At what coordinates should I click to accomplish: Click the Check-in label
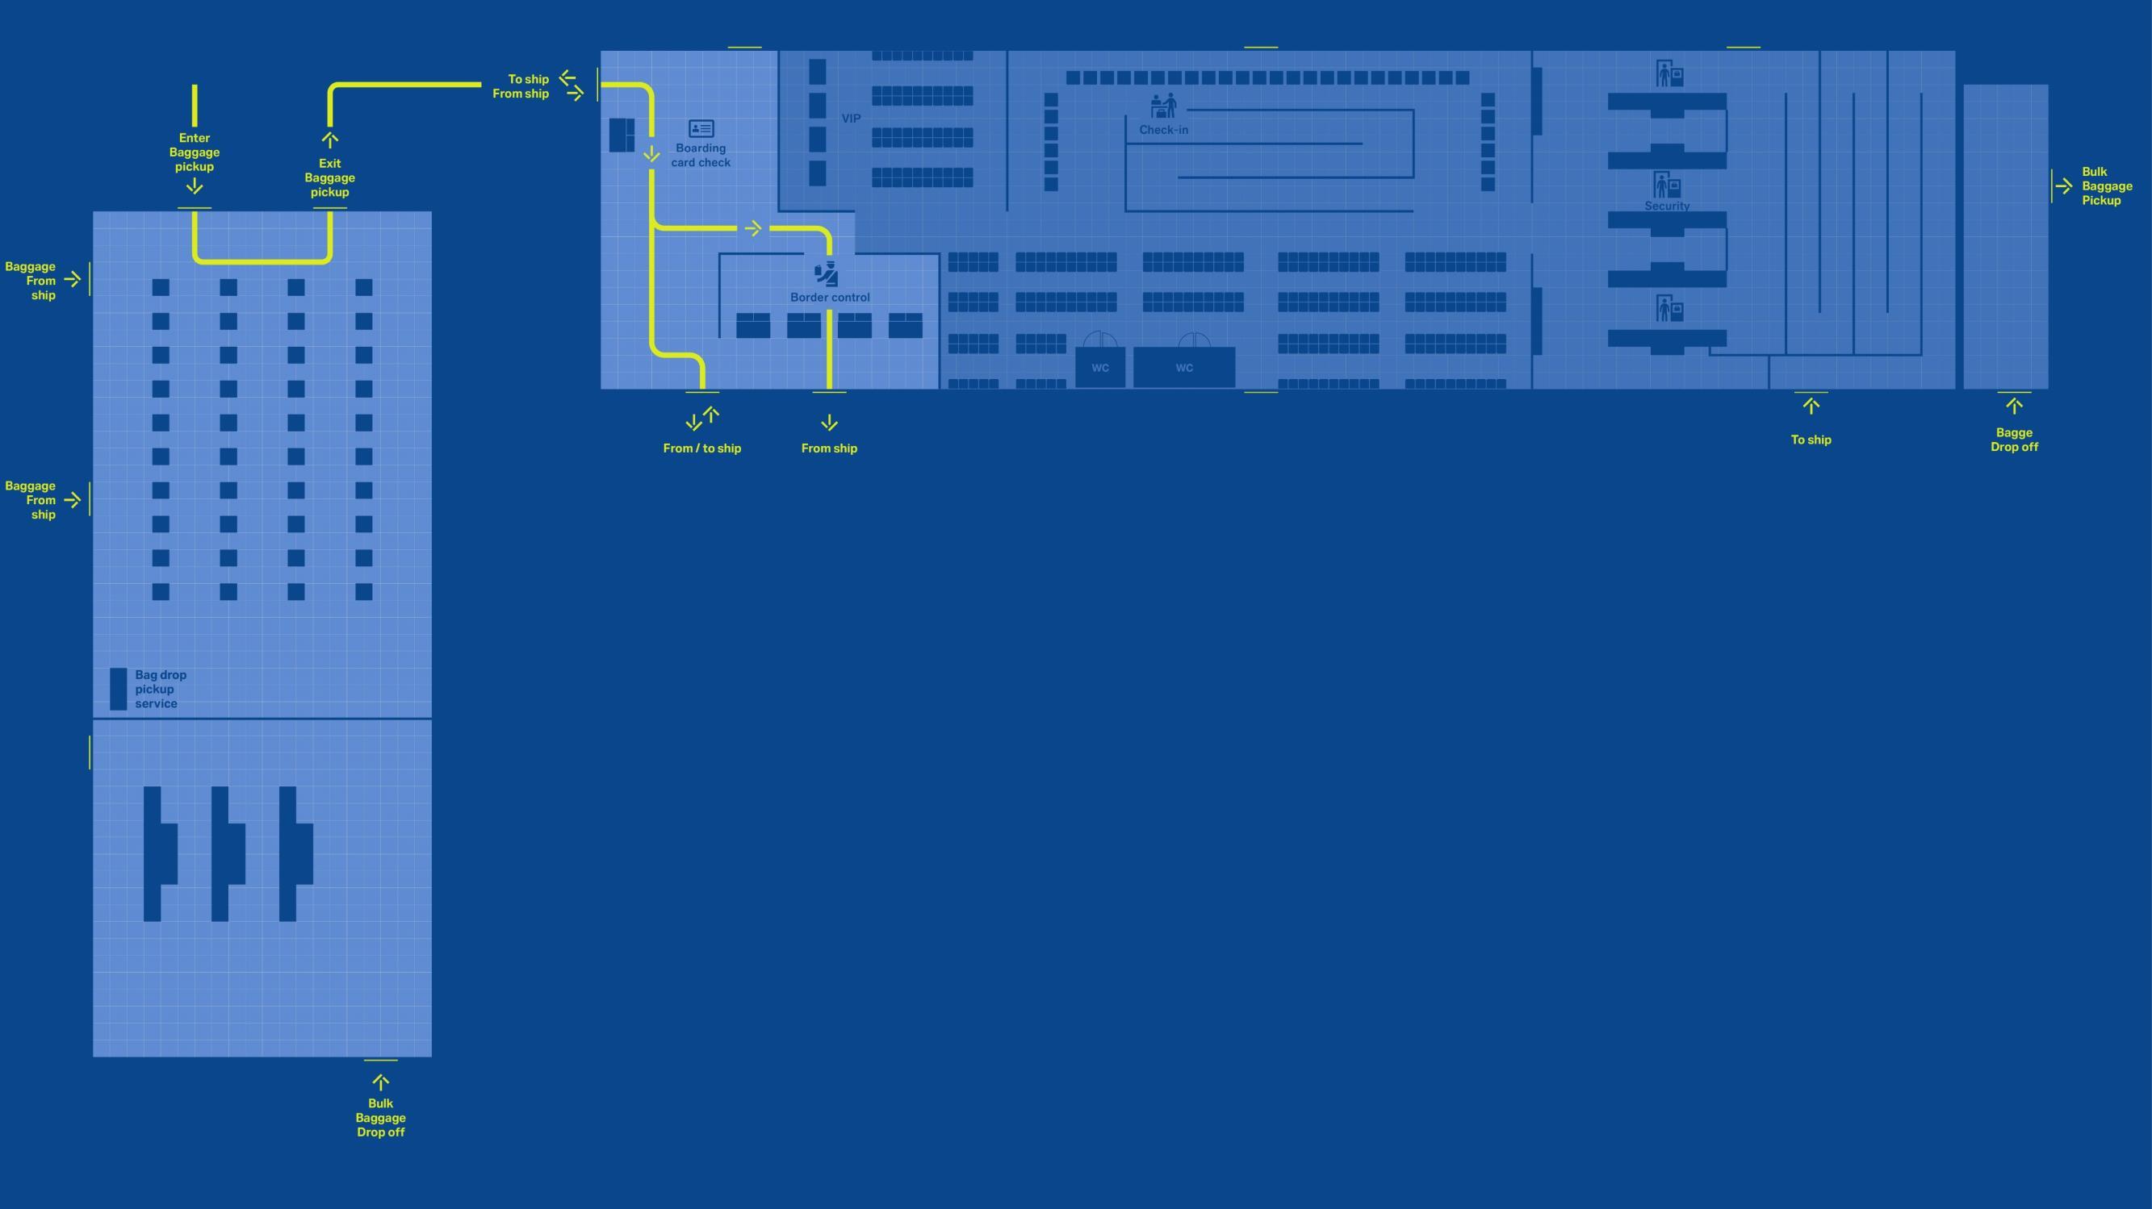coord(1163,130)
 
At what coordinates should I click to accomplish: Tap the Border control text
coord(830,298)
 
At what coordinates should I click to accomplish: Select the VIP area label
coord(851,119)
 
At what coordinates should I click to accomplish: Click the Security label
coord(1667,206)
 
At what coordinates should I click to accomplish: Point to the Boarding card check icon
coord(701,128)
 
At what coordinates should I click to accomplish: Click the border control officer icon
coord(827,273)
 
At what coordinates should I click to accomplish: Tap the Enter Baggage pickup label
coord(194,152)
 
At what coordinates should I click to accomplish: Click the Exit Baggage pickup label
coord(330,178)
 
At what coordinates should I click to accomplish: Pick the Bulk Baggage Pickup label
coord(2106,186)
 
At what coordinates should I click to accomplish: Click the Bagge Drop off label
coord(2013,440)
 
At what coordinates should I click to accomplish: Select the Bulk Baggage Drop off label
coord(380,1117)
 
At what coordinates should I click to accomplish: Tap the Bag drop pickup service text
coord(161,689)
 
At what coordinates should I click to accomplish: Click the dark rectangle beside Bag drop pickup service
coord(119,689)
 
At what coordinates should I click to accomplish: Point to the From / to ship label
coord(701,448)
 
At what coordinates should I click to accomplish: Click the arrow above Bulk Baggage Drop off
coord(380,1082)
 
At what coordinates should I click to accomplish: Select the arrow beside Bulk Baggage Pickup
coord(2063,186)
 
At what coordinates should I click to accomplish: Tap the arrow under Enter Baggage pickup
coord(194,186)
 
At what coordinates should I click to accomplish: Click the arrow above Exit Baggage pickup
coord(330,140)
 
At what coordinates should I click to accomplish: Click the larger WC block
coord(1184,367)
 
